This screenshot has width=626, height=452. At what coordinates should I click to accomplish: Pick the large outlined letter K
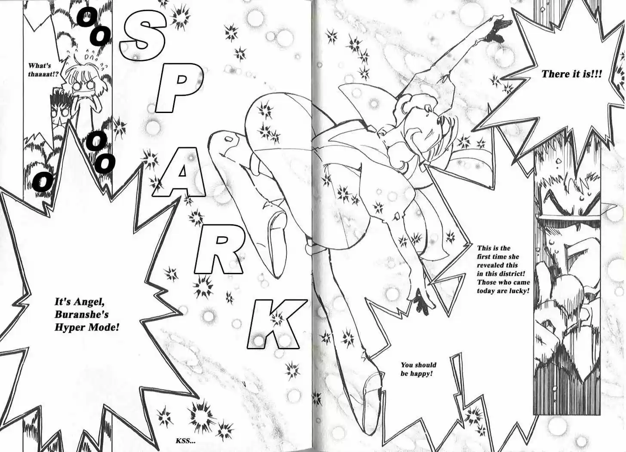(x=277, y=324)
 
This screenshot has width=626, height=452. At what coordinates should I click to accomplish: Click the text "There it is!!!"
(x=571, y=74)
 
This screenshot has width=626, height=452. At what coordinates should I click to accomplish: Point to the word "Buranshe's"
(x=82, y=315)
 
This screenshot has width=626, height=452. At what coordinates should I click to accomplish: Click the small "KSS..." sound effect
(x=186, y=441)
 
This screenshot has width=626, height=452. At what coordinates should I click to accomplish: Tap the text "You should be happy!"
(x=418, y=369)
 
